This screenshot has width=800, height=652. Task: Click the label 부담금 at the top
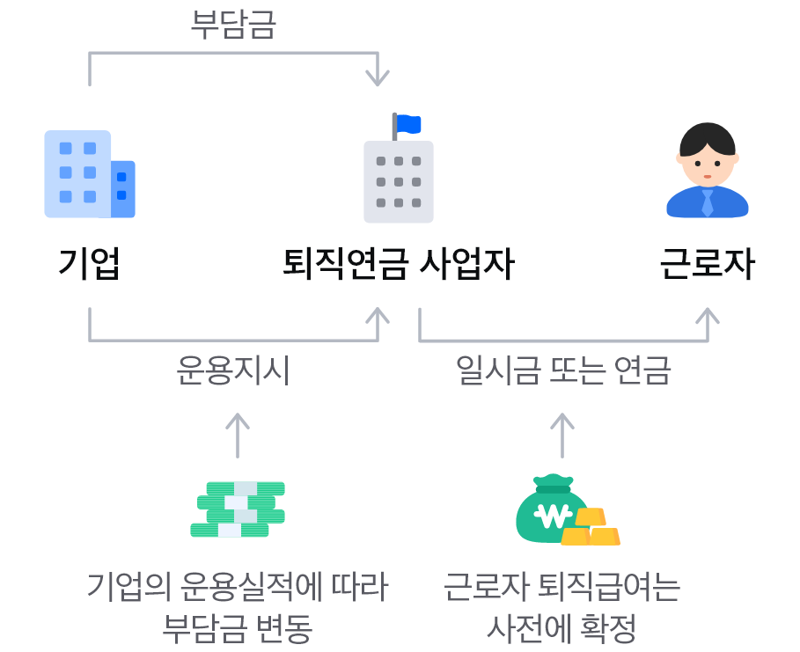click(233, 25)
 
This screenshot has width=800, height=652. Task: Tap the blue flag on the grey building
click(409, 124)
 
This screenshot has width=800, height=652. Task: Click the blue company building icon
click(89, 174)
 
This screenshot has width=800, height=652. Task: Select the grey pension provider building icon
click(399, 181)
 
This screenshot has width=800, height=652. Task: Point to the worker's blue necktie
click(708, 202)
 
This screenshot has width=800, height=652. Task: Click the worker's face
click(708, 164)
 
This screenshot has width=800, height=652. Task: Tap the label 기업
click(89, 263)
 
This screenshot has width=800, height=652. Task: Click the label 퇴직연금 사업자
click(398, 263)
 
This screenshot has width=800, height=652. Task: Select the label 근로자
click(708, 263)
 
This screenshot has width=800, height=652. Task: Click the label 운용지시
click(233, 370)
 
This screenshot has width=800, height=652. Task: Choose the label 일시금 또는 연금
click(563, 370)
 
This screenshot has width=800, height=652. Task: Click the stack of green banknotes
click(238, 509)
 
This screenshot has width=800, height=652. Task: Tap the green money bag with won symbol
click(551, 511)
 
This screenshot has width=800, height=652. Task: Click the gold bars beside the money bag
click(591, 528)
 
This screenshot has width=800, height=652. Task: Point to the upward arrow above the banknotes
click(238, 434)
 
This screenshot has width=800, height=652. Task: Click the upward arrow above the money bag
click(562, 434)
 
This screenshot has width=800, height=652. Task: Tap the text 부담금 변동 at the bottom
click(238, 628)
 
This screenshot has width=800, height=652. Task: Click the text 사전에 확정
click(562, 628)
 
